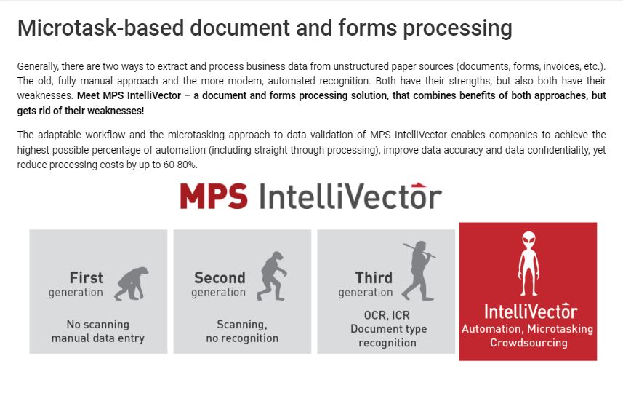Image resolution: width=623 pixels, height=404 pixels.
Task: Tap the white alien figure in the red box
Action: coord(528,262)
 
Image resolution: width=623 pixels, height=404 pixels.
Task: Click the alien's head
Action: coord(528,241)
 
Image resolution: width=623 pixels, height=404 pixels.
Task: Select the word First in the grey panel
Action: coord(87,277)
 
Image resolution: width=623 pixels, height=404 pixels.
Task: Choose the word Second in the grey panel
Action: coord(220,277)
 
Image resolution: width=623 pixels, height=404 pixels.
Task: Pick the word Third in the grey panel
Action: coord(374,277)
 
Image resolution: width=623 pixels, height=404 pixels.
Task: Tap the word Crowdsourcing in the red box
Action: coord(528,342)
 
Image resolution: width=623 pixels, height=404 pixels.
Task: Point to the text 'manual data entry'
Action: coord(98,338)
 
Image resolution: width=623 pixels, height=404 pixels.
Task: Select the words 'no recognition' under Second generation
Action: coord(242,338)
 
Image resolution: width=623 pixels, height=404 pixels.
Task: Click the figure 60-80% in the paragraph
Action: coord(177,165)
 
